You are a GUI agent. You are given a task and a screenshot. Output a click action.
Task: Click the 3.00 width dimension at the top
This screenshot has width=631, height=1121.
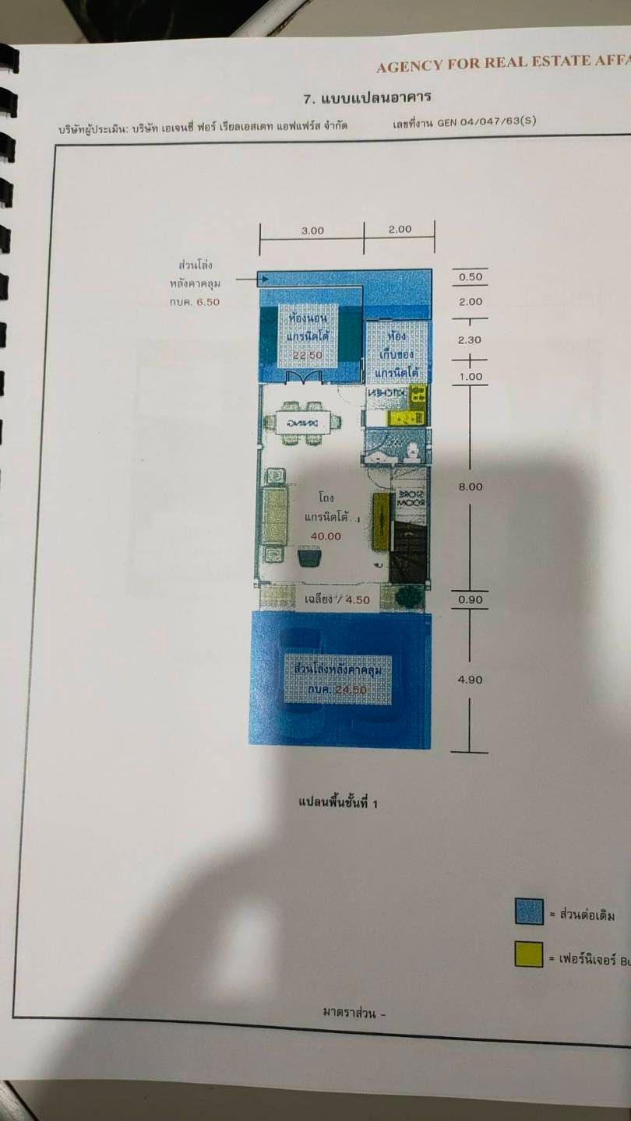point(312,230)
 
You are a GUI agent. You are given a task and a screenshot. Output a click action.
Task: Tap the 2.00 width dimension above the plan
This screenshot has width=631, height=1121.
point(400,230)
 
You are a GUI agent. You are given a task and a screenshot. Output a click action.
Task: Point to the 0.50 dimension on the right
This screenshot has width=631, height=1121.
point(470,277)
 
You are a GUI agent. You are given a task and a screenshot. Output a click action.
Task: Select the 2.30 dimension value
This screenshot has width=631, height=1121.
point(471,339)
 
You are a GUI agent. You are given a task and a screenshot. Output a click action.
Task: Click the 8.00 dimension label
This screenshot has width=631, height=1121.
point(471,487)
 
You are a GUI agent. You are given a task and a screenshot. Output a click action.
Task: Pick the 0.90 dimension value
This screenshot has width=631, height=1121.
point(470,599)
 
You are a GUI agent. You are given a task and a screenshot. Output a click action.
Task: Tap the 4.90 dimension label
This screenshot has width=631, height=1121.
point(471,680)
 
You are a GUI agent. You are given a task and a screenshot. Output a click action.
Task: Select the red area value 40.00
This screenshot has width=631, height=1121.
point(326,536)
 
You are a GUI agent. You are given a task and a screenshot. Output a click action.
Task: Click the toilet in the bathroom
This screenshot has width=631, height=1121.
point(413,449)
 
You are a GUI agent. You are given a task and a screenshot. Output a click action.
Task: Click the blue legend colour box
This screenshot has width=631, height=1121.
point(529,912)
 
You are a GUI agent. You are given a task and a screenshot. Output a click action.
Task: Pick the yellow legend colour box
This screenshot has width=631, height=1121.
point(529,954)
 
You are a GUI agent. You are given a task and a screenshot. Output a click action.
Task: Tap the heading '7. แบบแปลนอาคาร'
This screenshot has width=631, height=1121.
point(367,98)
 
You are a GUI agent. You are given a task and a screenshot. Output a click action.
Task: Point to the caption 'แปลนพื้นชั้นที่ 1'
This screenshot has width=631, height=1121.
point(338,802)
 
